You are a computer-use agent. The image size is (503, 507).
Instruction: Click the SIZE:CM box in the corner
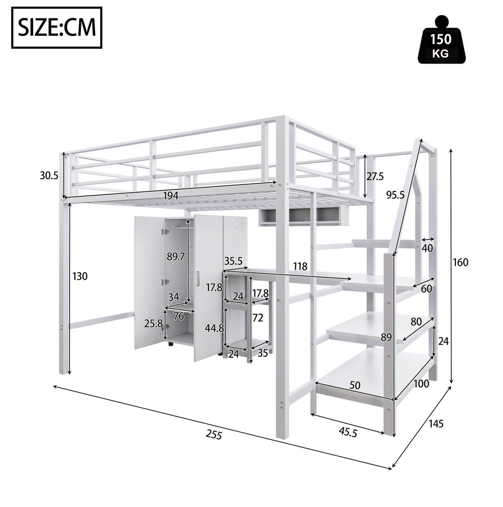click(x=57, y=28)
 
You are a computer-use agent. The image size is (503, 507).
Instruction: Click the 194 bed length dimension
click(x=171, y=196)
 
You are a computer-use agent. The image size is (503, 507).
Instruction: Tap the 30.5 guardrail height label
click(x=49, y=175)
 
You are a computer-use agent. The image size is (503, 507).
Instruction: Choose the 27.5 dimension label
click(x=375, y=177)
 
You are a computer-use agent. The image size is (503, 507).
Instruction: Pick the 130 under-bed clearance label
click(x=80, y=276)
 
